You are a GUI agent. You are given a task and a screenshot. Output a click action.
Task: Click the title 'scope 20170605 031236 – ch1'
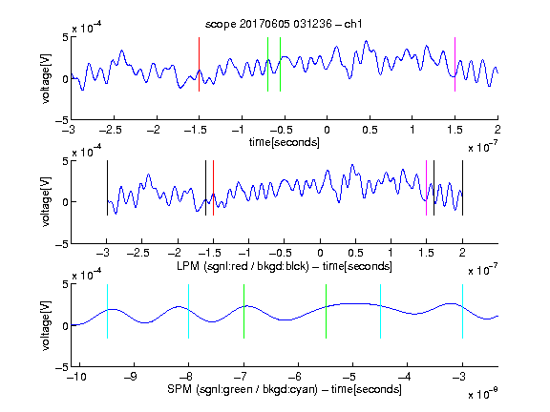(x=284, y=24)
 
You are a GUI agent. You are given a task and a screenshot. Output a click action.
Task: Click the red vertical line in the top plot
(x=199, y=65)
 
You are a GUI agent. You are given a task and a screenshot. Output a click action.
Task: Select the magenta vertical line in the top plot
(x=455, y=65)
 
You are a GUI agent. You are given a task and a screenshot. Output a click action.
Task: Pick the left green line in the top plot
(x=267, y=65)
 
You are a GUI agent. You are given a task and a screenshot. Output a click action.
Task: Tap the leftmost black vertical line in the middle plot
(x=107, y=188)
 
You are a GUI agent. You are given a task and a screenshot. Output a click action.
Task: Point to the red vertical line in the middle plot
(x=213, y=188)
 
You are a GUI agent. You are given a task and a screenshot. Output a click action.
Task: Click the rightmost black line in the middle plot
(x=462, y=188)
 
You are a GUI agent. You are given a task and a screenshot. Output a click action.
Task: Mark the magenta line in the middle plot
(x=426, y=188)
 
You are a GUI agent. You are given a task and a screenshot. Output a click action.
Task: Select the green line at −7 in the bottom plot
(x=243, y=312)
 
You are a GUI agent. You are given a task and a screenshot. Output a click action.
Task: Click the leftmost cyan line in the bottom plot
(x=107, y=312)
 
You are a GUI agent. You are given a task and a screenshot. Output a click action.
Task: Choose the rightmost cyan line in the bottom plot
(x=462, y=312)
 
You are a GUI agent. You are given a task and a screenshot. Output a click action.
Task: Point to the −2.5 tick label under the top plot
(x=110, y=130)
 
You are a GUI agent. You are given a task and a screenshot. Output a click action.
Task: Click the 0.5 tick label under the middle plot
(x=355, y=253)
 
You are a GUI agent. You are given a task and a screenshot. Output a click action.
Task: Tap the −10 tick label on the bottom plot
(x=76, y=377)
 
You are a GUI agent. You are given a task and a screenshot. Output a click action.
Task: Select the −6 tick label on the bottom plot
(x=295, y=377)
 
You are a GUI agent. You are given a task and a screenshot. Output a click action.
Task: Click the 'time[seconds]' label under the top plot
(x=285, y=142)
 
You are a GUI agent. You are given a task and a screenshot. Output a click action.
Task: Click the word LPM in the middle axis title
(x=188, y=266)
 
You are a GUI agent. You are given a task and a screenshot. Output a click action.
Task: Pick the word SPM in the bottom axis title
(x=180, y=389)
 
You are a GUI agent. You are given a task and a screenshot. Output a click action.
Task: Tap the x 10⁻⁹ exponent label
(x=482, y=394)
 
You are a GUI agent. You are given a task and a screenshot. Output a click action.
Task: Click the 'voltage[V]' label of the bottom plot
(x=46, y=325)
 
